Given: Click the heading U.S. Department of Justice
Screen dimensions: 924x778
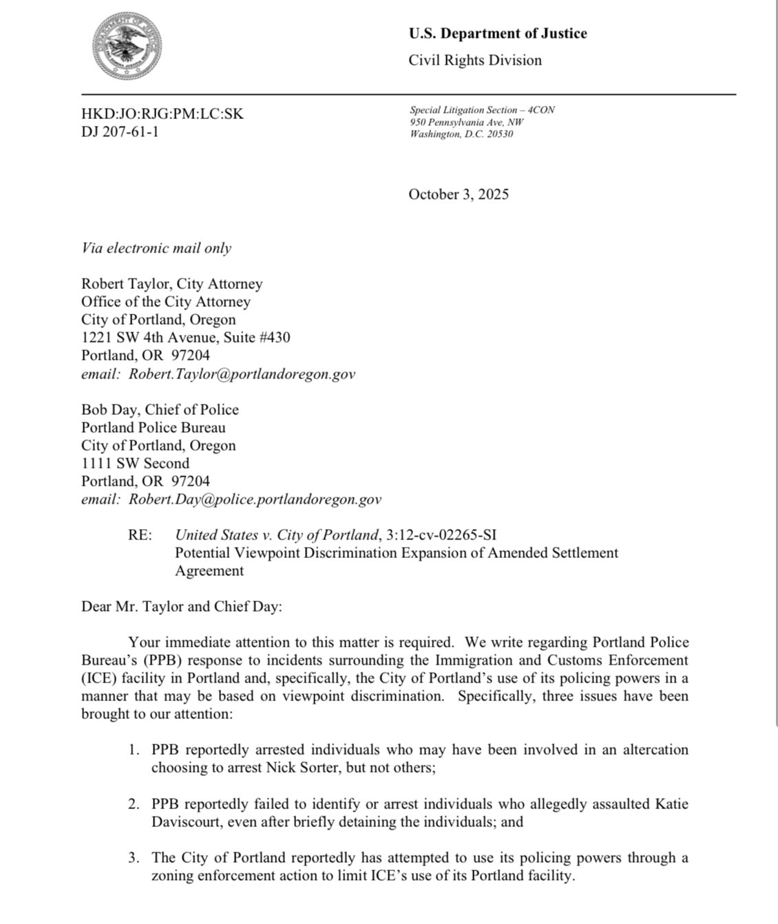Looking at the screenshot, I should tap(497, 34).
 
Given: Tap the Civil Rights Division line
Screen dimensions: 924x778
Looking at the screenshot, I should tap(475, 61).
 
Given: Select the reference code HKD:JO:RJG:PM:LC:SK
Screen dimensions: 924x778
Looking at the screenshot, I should tap(162, 114).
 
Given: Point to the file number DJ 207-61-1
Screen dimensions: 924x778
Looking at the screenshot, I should tap(120, 131).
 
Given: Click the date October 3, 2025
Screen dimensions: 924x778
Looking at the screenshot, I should tap(459, 194).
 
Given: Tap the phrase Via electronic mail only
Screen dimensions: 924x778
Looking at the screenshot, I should tap(156, 248).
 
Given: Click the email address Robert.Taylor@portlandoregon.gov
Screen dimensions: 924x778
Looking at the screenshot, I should tap(242, 374).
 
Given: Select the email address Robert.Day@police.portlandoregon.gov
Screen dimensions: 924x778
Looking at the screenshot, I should tap(255, 499).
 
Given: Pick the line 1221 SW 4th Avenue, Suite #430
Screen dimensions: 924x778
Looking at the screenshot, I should tap(185, 337).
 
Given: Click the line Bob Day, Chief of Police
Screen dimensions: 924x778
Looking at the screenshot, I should tap(160, 409).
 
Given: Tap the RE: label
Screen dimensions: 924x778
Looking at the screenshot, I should tap(140, 535).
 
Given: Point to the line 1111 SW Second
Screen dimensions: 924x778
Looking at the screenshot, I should tap(135, 463).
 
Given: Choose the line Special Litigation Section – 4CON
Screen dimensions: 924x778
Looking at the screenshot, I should tap(482, 110).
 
